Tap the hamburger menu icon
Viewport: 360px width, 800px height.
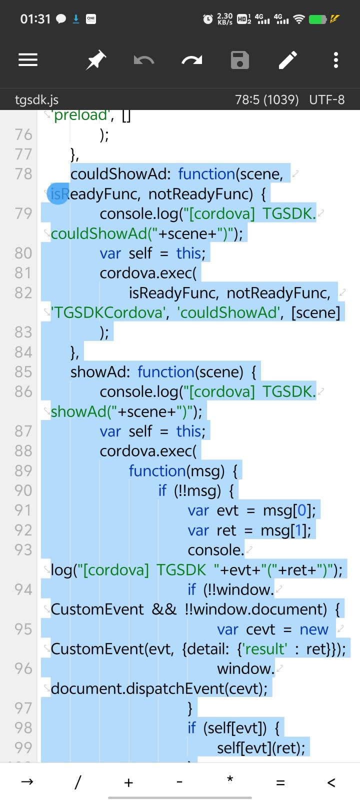28,60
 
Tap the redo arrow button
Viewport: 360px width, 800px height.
192,60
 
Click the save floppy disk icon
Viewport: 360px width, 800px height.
240,60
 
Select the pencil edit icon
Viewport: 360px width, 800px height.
287,60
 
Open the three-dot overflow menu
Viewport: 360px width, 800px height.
336,60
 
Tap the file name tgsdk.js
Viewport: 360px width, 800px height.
36,99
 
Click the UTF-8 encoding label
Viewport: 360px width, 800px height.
327,99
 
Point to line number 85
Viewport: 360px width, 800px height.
23,372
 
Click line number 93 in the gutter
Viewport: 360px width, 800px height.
23,549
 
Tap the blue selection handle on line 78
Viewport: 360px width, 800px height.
58,193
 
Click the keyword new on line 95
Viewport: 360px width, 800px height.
314,629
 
